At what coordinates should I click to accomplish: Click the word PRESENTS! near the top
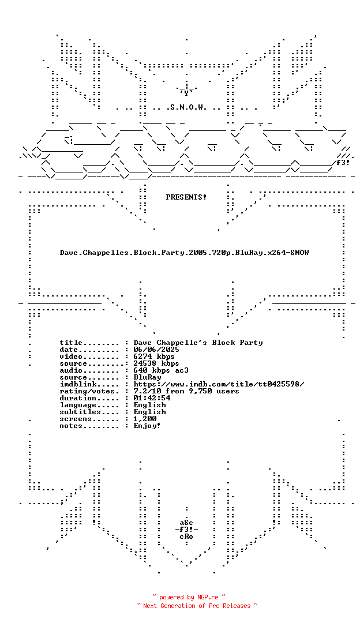click(x=186, y=197)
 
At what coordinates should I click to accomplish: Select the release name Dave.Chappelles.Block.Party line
click(x=184, y=253)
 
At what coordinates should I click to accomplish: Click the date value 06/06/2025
click(x=156, y=350)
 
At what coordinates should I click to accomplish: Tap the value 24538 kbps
click(x=156, y=363)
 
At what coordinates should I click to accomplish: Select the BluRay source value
click(x=147, y=377)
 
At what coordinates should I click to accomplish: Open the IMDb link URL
click(x=219, y=384)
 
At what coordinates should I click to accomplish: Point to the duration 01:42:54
click(x=152, y=398)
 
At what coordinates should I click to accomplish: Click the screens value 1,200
click(x=145, y=419)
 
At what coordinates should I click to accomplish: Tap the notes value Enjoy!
click(x=147, y=426)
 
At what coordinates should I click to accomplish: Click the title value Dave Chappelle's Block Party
click(x=198, y=343)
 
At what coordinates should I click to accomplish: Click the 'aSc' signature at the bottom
click(x=186, y=523)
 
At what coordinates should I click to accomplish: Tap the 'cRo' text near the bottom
click(x=186, y=536)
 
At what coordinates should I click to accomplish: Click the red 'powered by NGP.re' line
click(x=189, y=597)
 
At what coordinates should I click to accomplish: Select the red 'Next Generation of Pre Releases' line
click(x=197, y=606)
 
